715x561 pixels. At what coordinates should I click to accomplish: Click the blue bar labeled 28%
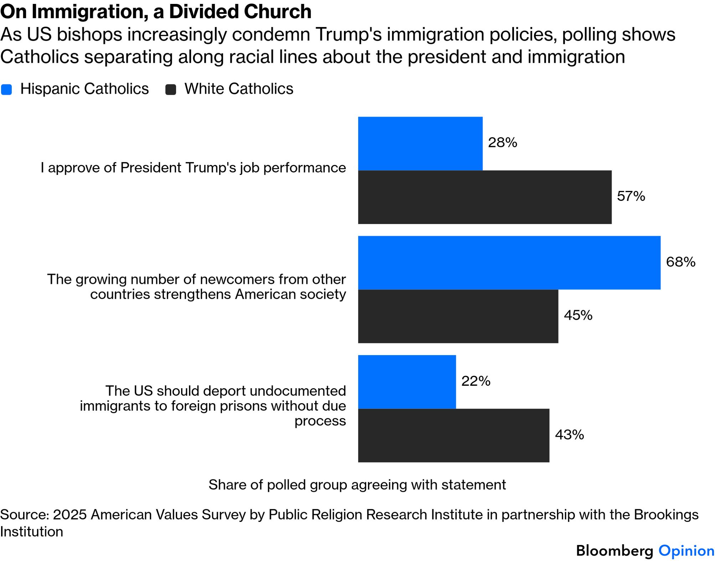pyautogui.click(x=420, y=144)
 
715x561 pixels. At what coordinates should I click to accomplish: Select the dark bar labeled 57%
pyautogui.click(x=484, y=197)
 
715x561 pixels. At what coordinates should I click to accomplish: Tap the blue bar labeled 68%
pyautogui.click(x=509, y=263)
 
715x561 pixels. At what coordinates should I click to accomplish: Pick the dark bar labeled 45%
pyautogui.click(x=458, y=316)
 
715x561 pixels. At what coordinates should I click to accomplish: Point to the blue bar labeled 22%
pyautogui.click(x=407, y=382)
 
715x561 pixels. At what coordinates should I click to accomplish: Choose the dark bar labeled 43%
pyautogui.click(x=453, y=435)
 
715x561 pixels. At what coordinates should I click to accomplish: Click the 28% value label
pyautogui.click(x=502, y=143)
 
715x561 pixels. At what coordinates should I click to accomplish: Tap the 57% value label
pyautogui.click(x=631, y=196)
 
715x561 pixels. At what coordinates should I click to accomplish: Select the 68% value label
pyautogui.click(x=680, y=262)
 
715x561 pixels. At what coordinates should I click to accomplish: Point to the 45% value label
pyautogui.click(x=578, y=315)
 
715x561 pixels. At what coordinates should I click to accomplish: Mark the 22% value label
pyautogui.click(x=475, y=381)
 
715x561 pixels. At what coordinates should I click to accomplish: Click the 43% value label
pyautogui.click(x=569, y=435)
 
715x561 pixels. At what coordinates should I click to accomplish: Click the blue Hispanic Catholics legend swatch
pyautogui.click(x=7, y=89)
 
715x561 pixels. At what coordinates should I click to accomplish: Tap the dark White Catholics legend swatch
pyautogui.click(x=171, y=89)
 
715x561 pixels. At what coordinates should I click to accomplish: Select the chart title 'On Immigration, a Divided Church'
pyautogui.click(x=156, y=12)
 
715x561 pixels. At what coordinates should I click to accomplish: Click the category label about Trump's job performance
pyautogui.click(x=193, y=168)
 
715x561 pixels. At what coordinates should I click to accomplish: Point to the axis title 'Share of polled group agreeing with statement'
pyautogui.click(x=357, y=485)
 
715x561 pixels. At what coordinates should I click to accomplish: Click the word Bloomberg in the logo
pyautogui.click(x=614, y=551)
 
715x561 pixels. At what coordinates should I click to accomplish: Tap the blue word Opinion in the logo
pyautogui.click(x=686, y=551)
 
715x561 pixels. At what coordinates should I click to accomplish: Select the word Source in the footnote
pyautogui.click(x=24, y=515)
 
